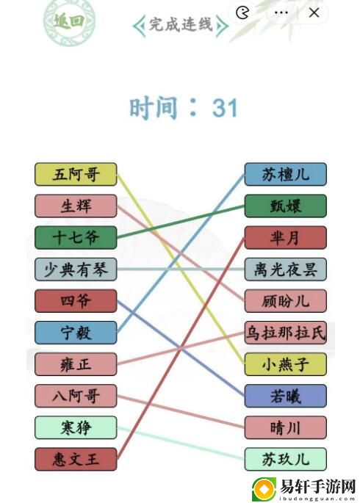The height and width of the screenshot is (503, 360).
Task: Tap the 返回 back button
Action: click(x=68, y=21)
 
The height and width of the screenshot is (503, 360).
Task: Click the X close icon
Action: click(x=314, y=12)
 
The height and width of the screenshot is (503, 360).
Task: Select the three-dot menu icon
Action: click(x=281, y=12)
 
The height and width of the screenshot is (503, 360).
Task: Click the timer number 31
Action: click(x=225, y=108)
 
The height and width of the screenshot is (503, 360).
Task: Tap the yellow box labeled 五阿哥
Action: click(x=76, y=175)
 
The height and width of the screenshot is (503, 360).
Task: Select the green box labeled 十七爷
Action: click(x=76, y=238)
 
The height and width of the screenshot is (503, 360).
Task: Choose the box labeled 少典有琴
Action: click(x=76, y=269)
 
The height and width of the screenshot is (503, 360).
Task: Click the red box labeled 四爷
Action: click(x=76, y=301)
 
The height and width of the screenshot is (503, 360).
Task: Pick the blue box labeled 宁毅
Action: click(x=76, y=333)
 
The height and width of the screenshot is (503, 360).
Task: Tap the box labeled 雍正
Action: click(x=76, y=364)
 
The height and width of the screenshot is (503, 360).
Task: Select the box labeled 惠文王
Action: click(x=76, y=460)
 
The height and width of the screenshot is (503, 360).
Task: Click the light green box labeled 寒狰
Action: click(x=76, y=427)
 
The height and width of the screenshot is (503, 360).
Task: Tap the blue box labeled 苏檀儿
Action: click(x=286, y=175)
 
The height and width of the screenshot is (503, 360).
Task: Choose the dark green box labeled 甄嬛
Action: click(x=286, y=206)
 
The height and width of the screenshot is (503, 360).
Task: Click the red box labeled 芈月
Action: click(x=286, y=238)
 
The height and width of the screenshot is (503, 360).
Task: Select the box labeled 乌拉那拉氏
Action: click(x=286, y=333)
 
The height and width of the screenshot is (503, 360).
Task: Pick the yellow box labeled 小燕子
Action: click(x=286, y=364)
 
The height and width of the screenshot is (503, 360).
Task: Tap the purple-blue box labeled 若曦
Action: click(x=286, y=396)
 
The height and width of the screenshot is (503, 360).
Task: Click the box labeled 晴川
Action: click(x=286, y=427)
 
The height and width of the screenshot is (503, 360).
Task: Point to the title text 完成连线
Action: click(x=181, y=24)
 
